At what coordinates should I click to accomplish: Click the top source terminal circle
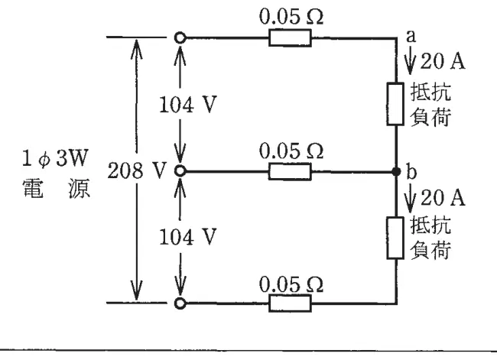(x=180, y=37)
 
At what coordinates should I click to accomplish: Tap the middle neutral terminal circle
(x=180, y=171)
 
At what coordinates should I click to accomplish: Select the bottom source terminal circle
(x=180, y=303)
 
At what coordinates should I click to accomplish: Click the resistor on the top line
(x=290, y=37)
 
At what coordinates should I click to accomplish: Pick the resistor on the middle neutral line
(x=290, y=171)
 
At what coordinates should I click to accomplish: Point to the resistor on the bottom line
(x=290, y=303)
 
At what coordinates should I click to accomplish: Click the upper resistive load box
(x=395, y=104)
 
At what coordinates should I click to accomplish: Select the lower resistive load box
(x=395, y=238)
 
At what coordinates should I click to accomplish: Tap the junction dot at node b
(x=396, y=171)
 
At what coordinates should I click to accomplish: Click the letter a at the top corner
(x=411, y=36)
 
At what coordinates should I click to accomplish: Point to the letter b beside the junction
(x=411, y=171)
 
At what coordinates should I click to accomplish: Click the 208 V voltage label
(x=137, y=170)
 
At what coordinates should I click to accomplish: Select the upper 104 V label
(x=187, y=105)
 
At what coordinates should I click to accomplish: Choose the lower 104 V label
(x=187, y=237)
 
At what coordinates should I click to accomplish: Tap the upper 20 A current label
(x=443, y=61)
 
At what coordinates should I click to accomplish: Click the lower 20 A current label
(x=443, y=198)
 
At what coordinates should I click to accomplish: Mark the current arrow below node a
(x=410, y=60)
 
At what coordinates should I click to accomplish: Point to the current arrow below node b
(x=410, y=198)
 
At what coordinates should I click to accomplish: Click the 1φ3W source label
(x=54, y=158)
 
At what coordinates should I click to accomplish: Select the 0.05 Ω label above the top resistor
(x=291, y=16)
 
